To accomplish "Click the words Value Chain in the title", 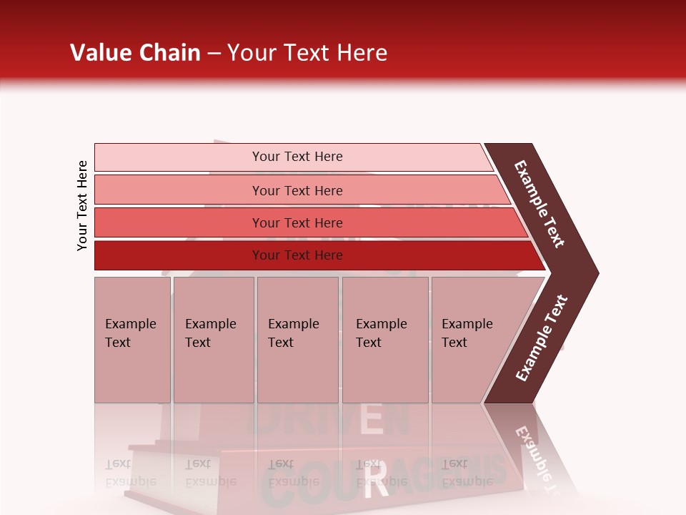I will (135, 53).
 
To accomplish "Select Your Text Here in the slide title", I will (307, 53).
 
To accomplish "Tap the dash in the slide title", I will (214, 54).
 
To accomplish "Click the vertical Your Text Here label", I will (82, 205).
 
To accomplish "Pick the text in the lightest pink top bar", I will (297, 157).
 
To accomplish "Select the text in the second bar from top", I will (297, 190).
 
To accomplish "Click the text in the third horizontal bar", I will (297, 222).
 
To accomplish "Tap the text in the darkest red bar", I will (297, 255).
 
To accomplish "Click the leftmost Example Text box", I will (132, 340).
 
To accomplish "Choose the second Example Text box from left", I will (213, 340).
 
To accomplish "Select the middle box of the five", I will (297, 340).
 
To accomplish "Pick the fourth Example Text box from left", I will (384, 340).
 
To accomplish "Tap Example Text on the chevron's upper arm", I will (540, 204).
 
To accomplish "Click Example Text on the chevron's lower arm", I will (542, 338).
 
